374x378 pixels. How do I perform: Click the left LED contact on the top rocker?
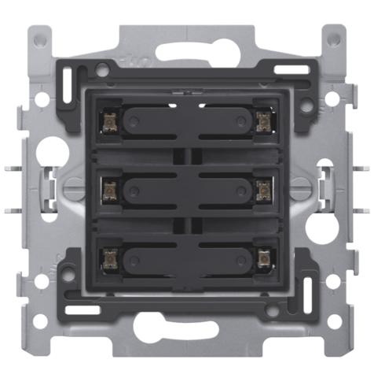(110, 120)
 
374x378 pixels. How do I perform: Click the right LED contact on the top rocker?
(263, 120)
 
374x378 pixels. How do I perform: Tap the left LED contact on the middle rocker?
(110, 189)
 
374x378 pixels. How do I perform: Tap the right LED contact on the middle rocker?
(263, 189)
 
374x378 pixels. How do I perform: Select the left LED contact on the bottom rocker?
(110, 258)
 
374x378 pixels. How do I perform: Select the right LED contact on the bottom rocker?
(263, 258)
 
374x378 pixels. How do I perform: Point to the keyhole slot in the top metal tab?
(187, 54)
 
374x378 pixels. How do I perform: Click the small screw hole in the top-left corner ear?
(39, 37)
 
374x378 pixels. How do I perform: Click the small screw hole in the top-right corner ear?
(334, 37)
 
